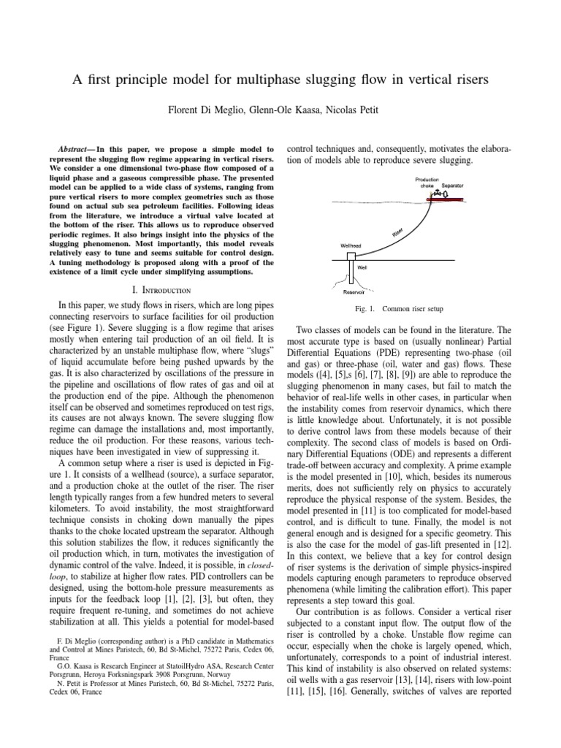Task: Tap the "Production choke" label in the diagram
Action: click(427, 183)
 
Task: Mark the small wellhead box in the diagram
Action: click(351, 256)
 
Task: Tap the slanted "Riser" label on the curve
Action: click(397, 232)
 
